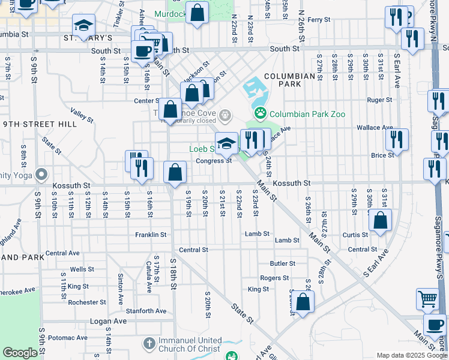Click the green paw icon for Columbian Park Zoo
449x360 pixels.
coord(261,113)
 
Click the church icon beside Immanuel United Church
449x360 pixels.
coord(149,344)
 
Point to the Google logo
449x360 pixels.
coord(20,353)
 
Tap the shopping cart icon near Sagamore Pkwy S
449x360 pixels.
coord(427,298)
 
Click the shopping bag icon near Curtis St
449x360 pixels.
coord(381,220)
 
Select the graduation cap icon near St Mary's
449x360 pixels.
coord(83,25)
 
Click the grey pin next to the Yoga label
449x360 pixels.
coord(41,175)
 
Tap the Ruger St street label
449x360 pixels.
coord(379,100)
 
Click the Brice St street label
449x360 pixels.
coord(382,155)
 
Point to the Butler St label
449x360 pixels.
coord(282,263)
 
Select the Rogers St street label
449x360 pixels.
coord(274,278)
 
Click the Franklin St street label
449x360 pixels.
coord(150,235)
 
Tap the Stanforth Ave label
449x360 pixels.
coord(146,311)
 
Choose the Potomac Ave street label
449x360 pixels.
coord(62,338)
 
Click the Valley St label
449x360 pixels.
coord(82,115)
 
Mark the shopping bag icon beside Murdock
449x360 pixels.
coord(197,13)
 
